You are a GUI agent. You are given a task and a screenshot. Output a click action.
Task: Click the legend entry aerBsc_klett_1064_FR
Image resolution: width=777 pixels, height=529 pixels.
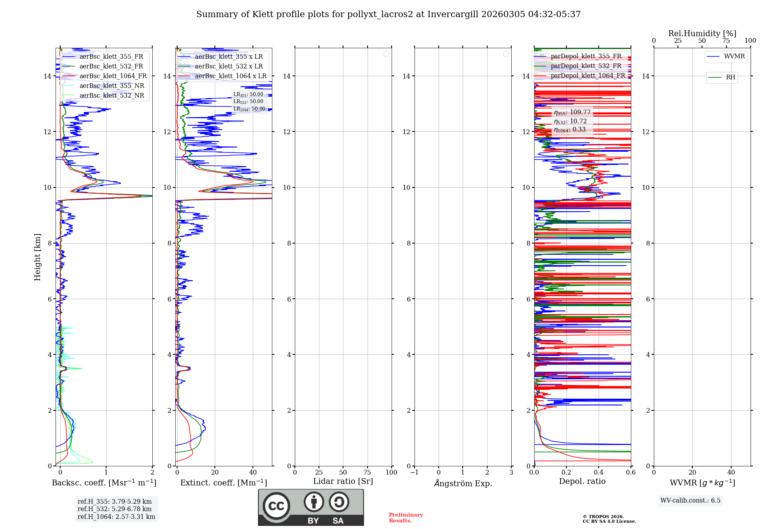[x=113, y=76]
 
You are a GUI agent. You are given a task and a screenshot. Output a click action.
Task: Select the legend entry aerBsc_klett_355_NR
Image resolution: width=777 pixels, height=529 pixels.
[x=111, y=86]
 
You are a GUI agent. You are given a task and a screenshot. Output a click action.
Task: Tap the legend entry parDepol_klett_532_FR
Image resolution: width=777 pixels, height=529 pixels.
[x=586, y=66]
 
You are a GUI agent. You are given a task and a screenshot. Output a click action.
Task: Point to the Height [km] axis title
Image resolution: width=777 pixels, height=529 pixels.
[x=37, y=257]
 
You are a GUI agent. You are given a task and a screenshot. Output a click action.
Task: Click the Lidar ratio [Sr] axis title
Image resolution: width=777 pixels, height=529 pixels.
[x=343, y=482]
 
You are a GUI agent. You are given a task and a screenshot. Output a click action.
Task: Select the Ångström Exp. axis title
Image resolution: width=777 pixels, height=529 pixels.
[x=463, y=483]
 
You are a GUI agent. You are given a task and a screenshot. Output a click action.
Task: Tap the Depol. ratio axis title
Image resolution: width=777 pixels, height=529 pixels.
[x=582, y=482]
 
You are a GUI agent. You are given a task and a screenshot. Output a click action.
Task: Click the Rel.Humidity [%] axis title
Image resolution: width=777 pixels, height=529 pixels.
[x=702, y=34]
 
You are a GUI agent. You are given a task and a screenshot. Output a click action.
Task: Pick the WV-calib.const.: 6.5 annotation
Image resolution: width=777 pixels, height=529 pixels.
[x=690, y=501]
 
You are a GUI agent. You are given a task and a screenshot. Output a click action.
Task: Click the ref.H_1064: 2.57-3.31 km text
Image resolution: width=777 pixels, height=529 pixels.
[x=116, y=517]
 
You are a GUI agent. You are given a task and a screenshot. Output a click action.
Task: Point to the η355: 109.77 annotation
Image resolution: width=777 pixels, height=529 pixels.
[x=572, y=112]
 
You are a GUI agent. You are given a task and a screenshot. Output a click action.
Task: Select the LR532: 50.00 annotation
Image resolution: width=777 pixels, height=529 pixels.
[x=248, y=102]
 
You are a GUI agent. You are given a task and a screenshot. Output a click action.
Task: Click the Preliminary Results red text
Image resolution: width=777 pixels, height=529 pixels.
[x=406, y=518]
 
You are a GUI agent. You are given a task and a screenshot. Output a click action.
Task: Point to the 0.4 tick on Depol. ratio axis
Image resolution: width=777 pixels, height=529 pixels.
[x=599, y=473]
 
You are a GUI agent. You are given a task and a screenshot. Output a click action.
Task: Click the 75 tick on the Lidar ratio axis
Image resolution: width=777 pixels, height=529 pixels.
[x=367, y=473]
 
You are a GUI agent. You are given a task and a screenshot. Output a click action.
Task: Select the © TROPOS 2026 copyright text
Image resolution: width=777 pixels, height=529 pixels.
[x=603, y=517]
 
